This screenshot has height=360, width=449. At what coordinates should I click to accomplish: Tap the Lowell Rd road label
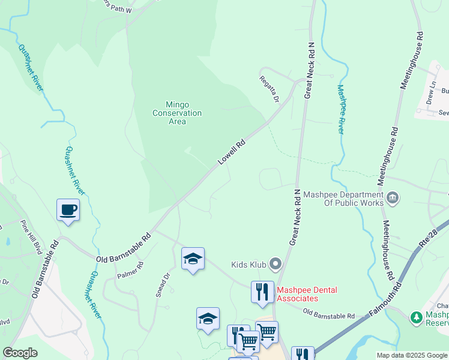[x=232, y=153]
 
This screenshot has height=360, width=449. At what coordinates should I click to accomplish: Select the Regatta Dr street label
[x=270, y=88]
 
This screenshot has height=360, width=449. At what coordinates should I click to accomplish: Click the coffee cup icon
[x=68, y=210]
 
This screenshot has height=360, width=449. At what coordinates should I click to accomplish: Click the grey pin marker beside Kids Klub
[x=276, y=263]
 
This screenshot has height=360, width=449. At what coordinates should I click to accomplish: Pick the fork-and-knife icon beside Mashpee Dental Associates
[x=262, y=292]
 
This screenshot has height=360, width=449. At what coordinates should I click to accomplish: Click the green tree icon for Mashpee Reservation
[x=415, y=316]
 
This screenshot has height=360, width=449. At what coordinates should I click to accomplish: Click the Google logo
[x=20, y=353]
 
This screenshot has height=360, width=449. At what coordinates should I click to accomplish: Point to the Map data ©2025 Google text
[x=411, y=355]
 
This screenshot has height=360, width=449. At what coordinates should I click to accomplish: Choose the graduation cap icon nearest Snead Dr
[x=193, y=259]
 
